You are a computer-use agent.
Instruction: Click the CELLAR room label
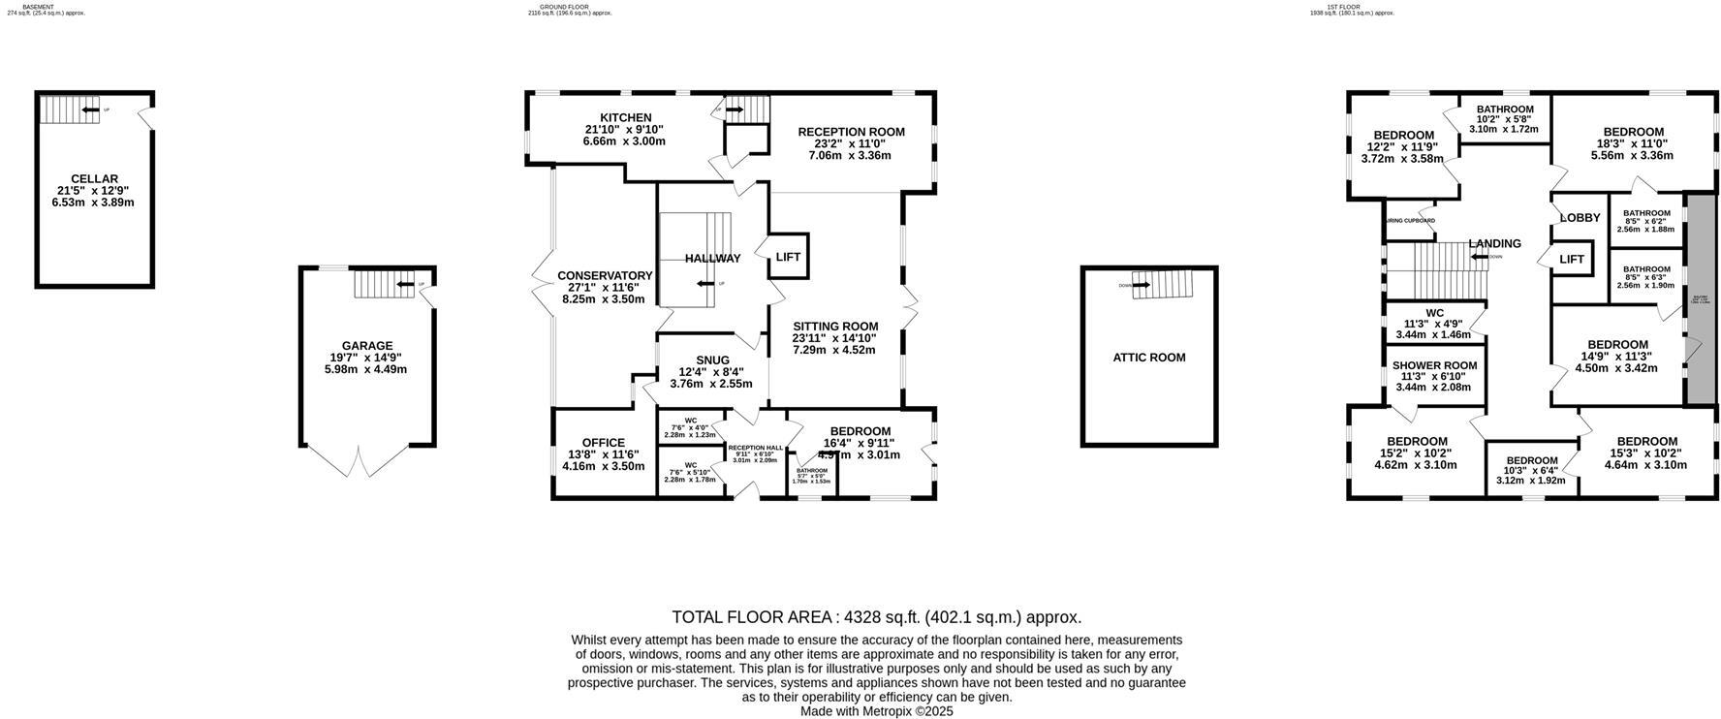pyautogui.click(x=94, y=179)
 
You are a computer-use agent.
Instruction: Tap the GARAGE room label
pyautogui.click(x=367, y=346)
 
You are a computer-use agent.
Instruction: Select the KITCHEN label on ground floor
pyautogui.click(x=625, y=118)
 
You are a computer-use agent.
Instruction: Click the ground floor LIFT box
pyautogui.click(x=788, y=258)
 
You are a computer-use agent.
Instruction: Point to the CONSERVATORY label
pyautogui.click(x=605, y=276)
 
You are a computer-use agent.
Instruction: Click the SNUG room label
pyautogui.click(x=712, y=360)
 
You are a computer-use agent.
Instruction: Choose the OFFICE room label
pyautogui.click(x=603, y=443)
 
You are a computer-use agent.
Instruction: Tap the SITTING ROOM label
pyautogui.click(x=834, y=327)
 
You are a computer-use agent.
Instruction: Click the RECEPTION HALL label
pyautogui.click(x=755, y=448)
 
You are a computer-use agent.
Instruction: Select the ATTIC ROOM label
pyautogui.click(x=1148, y=358)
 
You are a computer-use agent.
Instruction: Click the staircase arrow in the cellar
pyautogui.click(x=90, y=110)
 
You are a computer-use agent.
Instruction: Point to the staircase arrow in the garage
pyautogui.click(x=405, y=284)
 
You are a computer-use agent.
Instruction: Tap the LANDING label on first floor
pyautogui.click(x=1494, y=244)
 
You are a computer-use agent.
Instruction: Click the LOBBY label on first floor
pyautogui.click(x=1580, y=218)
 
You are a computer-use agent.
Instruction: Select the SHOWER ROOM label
pyautogui.click(x=1434, y=366)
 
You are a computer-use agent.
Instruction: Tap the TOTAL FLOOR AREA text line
pyautogui.click(x=876, y=617)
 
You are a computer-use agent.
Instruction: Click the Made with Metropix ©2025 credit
pyautogui.click(x=876, y=711)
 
